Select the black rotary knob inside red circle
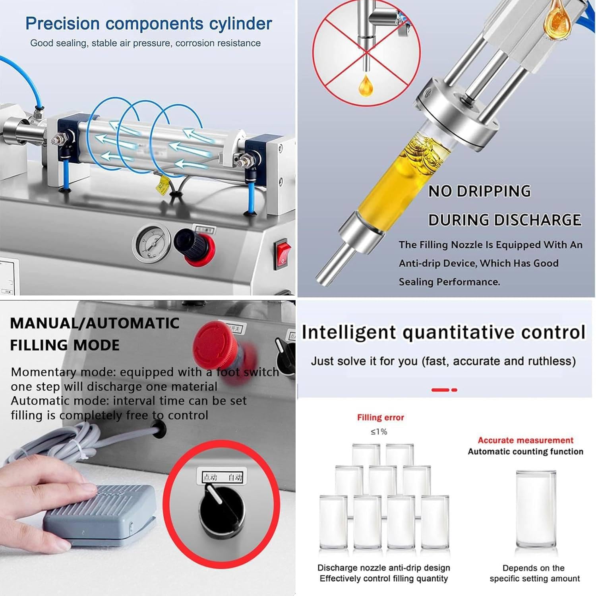tap(222, 513)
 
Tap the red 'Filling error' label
tap(380, 418)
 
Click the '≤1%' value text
tap(379, 432)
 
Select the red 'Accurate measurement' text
tap(525, 440)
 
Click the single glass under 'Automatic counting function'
tap(536, 511)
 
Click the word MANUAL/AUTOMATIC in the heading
tap(95, 323)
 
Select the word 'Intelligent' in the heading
tap(348, 333)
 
